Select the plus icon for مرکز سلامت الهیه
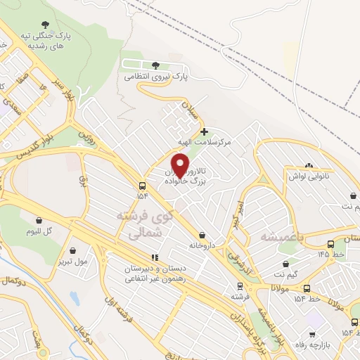pyautogui.click(x=204, y=131)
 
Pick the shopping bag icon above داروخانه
pyautogui.click(x=202, y=235)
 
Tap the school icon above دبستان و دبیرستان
pyautogui.click(x=155, y=258)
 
